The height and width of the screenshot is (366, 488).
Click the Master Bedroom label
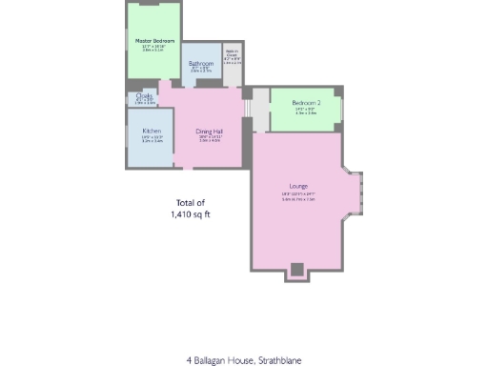153,41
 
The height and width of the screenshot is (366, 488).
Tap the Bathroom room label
200,63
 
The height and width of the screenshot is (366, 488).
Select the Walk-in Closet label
232,54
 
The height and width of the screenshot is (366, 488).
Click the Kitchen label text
152,131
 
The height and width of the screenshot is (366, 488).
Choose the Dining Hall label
210,131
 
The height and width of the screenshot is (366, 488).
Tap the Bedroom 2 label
306,102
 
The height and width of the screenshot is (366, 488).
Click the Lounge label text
299,185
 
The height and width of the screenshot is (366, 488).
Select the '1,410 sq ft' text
191,215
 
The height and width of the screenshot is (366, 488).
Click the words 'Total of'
191,203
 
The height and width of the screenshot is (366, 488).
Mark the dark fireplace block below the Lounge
297,270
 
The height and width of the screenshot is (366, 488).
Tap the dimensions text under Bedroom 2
306,111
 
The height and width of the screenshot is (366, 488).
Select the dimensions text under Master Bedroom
153,49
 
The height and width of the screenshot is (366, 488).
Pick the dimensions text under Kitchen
152,139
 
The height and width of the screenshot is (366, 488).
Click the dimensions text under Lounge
299,196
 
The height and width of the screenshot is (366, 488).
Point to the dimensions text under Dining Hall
210,139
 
